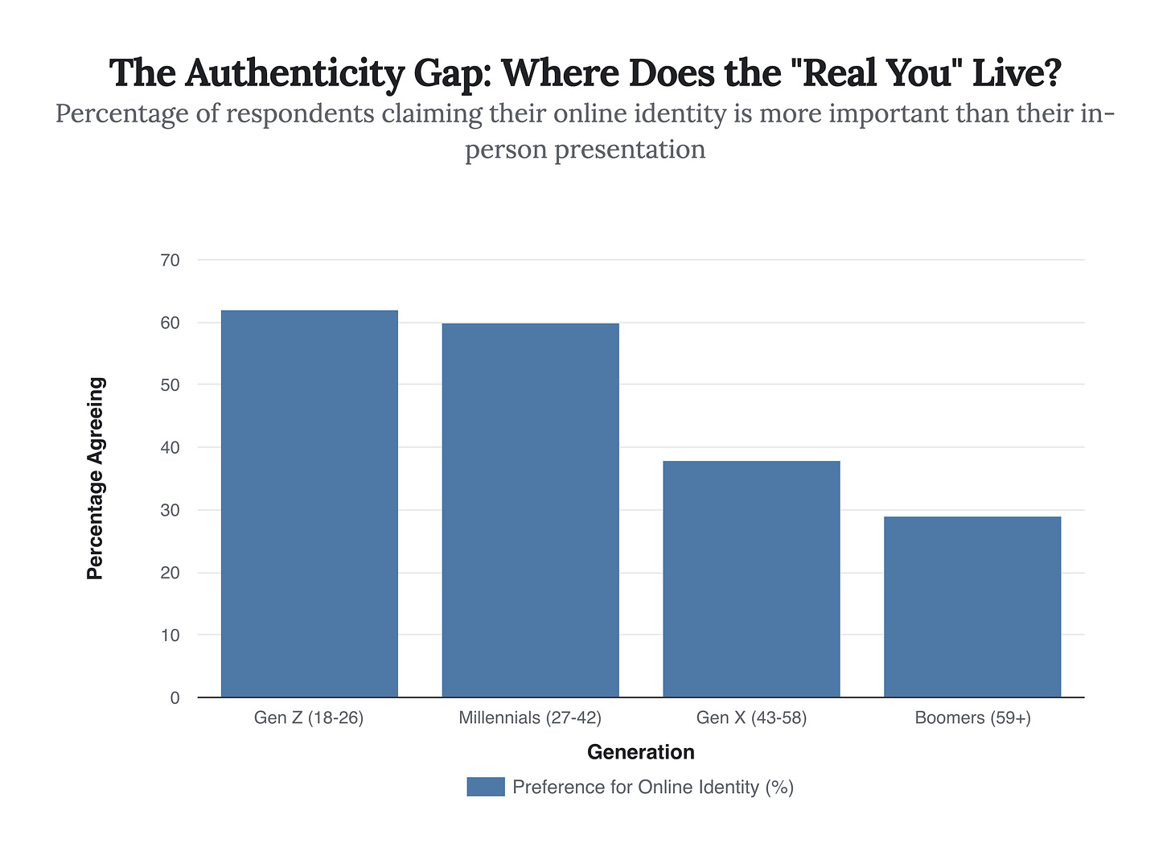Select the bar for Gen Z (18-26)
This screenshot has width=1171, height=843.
[309, 504]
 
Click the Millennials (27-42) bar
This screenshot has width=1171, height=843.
[530, 510]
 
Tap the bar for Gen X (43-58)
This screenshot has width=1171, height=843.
[751, 579]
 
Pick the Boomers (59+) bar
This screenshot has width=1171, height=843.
[972, 607]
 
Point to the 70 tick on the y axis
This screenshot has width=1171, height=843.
[170, 260]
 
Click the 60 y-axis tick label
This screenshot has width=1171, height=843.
[170, 323]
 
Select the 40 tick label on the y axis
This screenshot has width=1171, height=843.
[170, 447]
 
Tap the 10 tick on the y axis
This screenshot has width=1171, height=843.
[170, 635]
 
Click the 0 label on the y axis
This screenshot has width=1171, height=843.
[175, 698]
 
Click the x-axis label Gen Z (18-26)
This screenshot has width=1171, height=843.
[309, 718]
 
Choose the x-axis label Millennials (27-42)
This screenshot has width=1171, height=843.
[530, 718]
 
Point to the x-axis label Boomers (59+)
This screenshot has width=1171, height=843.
[972, 718]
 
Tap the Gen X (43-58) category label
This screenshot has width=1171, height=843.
[751, 718]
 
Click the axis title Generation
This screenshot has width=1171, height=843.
[640, 752]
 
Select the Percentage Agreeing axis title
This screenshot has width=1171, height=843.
[96, 479]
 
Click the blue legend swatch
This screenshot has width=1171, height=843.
[485, 787]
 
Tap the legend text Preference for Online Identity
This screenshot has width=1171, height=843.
[652, 787]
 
